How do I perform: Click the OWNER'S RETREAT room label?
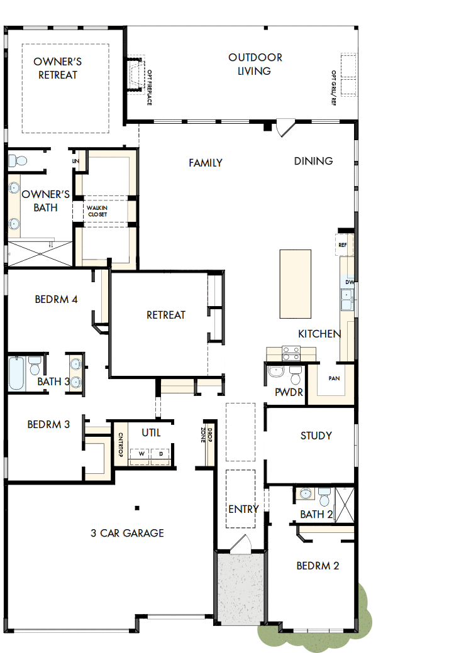pyautogui.click(x=57, y=68)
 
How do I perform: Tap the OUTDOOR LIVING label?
pyautogui.click(x=255, y=64)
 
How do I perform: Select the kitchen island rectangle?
pyautogui.click(x=295, y=284)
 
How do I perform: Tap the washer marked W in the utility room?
pyautogui.click(x=141, y=453)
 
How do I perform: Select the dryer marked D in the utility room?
pyautogui.click(x=160, y=453)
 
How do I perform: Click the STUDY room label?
pyautogui.click(x=316, y=436)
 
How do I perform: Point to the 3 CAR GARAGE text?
pyautogui.click(x=127, y=533)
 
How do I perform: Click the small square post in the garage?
pyautogui.click(x=136, y=508)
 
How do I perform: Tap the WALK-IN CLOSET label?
pyautogui.click(x=97, y=211)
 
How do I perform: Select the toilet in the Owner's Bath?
pyautogui.click(x=16, y=161)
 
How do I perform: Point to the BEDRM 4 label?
pyautogui.click(x=56, y=299)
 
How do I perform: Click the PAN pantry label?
pyautogui.click(x=333, y=378)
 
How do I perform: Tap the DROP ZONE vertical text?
pyautogui.click(x=209, y=434)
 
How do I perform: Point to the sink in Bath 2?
pyautogui.click(x=305, y=493)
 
